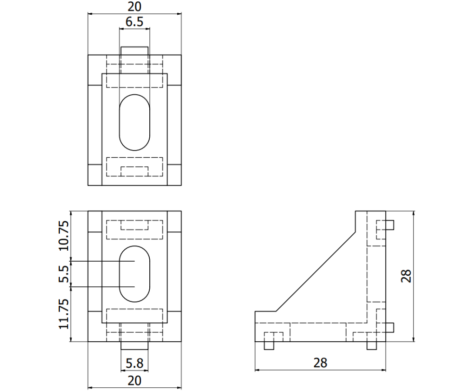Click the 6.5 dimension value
point(135,22)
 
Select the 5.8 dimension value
point(135,364)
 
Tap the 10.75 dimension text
point(64,235)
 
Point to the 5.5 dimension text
point(64,274)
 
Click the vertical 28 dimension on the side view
point(406,276)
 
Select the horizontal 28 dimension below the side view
point(320,363)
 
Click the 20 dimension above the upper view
point(135,7)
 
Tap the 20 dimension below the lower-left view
point(135,381)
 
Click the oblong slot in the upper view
point(135,123)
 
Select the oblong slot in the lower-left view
point(135,274)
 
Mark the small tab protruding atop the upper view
point(135,51)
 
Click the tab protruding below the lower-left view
point(135,346)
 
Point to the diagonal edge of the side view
point(315,272)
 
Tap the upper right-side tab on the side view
point(390,225)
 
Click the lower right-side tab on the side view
point(390,327)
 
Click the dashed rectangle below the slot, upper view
point(135,167)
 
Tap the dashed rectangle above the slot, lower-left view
point(135,229)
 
